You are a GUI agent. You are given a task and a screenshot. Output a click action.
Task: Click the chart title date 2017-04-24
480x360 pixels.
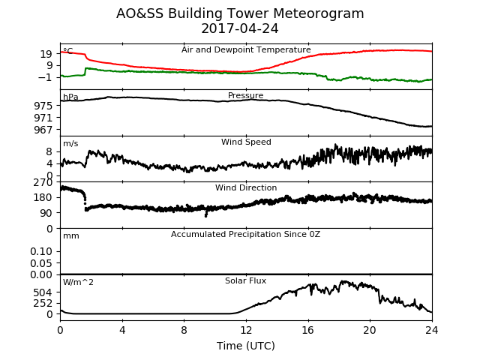click(240, 28)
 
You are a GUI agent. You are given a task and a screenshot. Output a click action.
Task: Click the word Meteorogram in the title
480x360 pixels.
click(318, 13)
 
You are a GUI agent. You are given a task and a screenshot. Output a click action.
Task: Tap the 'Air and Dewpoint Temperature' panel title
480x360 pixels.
click(246, 50)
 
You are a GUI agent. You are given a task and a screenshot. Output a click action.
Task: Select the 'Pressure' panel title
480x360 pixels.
click(245, 95)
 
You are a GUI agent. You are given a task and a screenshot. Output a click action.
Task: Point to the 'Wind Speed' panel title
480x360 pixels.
click(246, 142)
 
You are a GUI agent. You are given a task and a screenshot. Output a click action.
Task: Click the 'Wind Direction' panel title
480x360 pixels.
click(246, 187)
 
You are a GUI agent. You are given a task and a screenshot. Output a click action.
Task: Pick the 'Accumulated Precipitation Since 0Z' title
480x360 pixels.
click(245, 234)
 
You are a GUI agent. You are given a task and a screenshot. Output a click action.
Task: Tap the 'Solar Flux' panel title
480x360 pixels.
click(245, 280)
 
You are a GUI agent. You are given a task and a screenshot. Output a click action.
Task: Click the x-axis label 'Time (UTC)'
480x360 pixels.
click(246, 346)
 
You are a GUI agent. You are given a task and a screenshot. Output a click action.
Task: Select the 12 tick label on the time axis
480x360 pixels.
click(246, 330)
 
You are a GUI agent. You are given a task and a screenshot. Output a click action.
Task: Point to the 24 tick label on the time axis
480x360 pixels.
click(432, 330)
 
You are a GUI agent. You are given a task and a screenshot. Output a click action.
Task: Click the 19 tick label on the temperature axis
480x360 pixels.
click(46, 54)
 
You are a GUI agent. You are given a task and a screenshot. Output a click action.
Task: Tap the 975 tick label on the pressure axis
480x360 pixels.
click(43, 106)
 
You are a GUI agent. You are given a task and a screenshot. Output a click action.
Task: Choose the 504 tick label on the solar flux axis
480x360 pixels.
click(43, 292)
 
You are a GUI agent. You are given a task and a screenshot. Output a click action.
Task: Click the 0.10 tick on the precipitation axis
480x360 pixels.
click(41, 251)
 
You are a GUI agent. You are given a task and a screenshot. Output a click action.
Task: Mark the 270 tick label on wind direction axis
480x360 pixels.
click(43, 182)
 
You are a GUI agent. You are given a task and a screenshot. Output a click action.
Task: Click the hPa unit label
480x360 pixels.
click(70, 97)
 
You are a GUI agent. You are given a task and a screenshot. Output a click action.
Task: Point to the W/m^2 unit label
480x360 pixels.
click(78, 282)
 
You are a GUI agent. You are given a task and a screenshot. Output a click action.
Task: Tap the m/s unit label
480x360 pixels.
click(70, 143)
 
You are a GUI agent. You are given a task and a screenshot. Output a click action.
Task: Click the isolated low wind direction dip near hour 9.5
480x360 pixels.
click(206, 214)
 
